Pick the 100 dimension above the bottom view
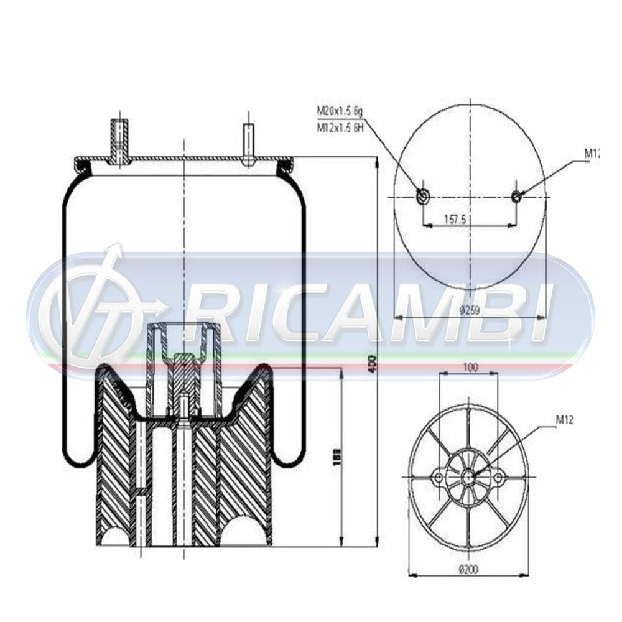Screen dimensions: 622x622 click(x=470, y=368)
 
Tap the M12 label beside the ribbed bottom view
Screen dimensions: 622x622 click(x=564, y=421)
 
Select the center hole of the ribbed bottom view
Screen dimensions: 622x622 click(x=468, y=478)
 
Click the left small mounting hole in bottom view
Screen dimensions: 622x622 click(x=439, y=478)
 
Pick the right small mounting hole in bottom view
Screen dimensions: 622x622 click(x=498, y=478)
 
